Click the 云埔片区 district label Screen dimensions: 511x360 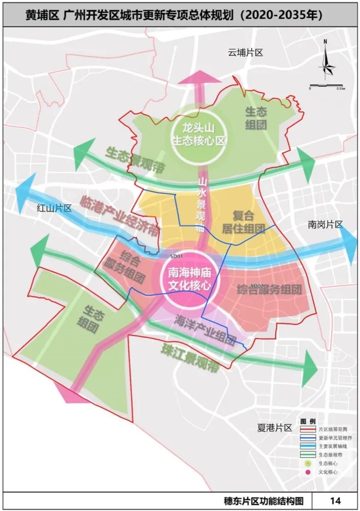click(245, 53)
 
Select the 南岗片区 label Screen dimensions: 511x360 click(325, 224)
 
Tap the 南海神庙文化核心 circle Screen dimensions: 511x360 click(186, 279)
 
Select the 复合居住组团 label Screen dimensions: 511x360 click(243, 221)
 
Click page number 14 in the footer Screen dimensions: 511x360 click(335, 500)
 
